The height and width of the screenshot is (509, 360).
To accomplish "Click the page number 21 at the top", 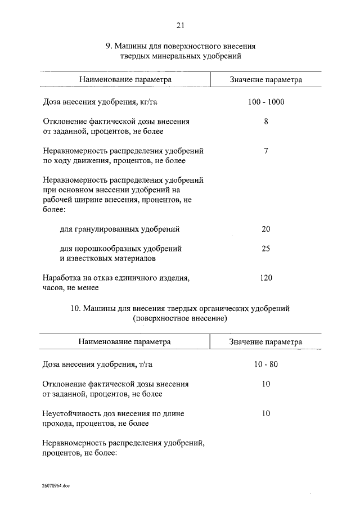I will coord(180,25).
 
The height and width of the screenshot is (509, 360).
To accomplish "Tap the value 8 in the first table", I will coord(266,121).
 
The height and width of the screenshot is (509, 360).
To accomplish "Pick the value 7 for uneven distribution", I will coord(266,151).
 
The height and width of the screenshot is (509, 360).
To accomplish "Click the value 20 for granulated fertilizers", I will coord(266,229).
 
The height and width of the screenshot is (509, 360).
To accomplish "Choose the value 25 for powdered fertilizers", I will coord(266,248).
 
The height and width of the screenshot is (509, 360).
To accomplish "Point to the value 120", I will coord(266,277).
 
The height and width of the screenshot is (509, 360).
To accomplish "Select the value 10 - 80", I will coord(266,364).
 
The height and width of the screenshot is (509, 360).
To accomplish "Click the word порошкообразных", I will coord(108,248).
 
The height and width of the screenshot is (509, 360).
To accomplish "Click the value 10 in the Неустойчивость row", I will coord(266,413).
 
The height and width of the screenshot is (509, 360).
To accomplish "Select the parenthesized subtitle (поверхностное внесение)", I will coord(180,318).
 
